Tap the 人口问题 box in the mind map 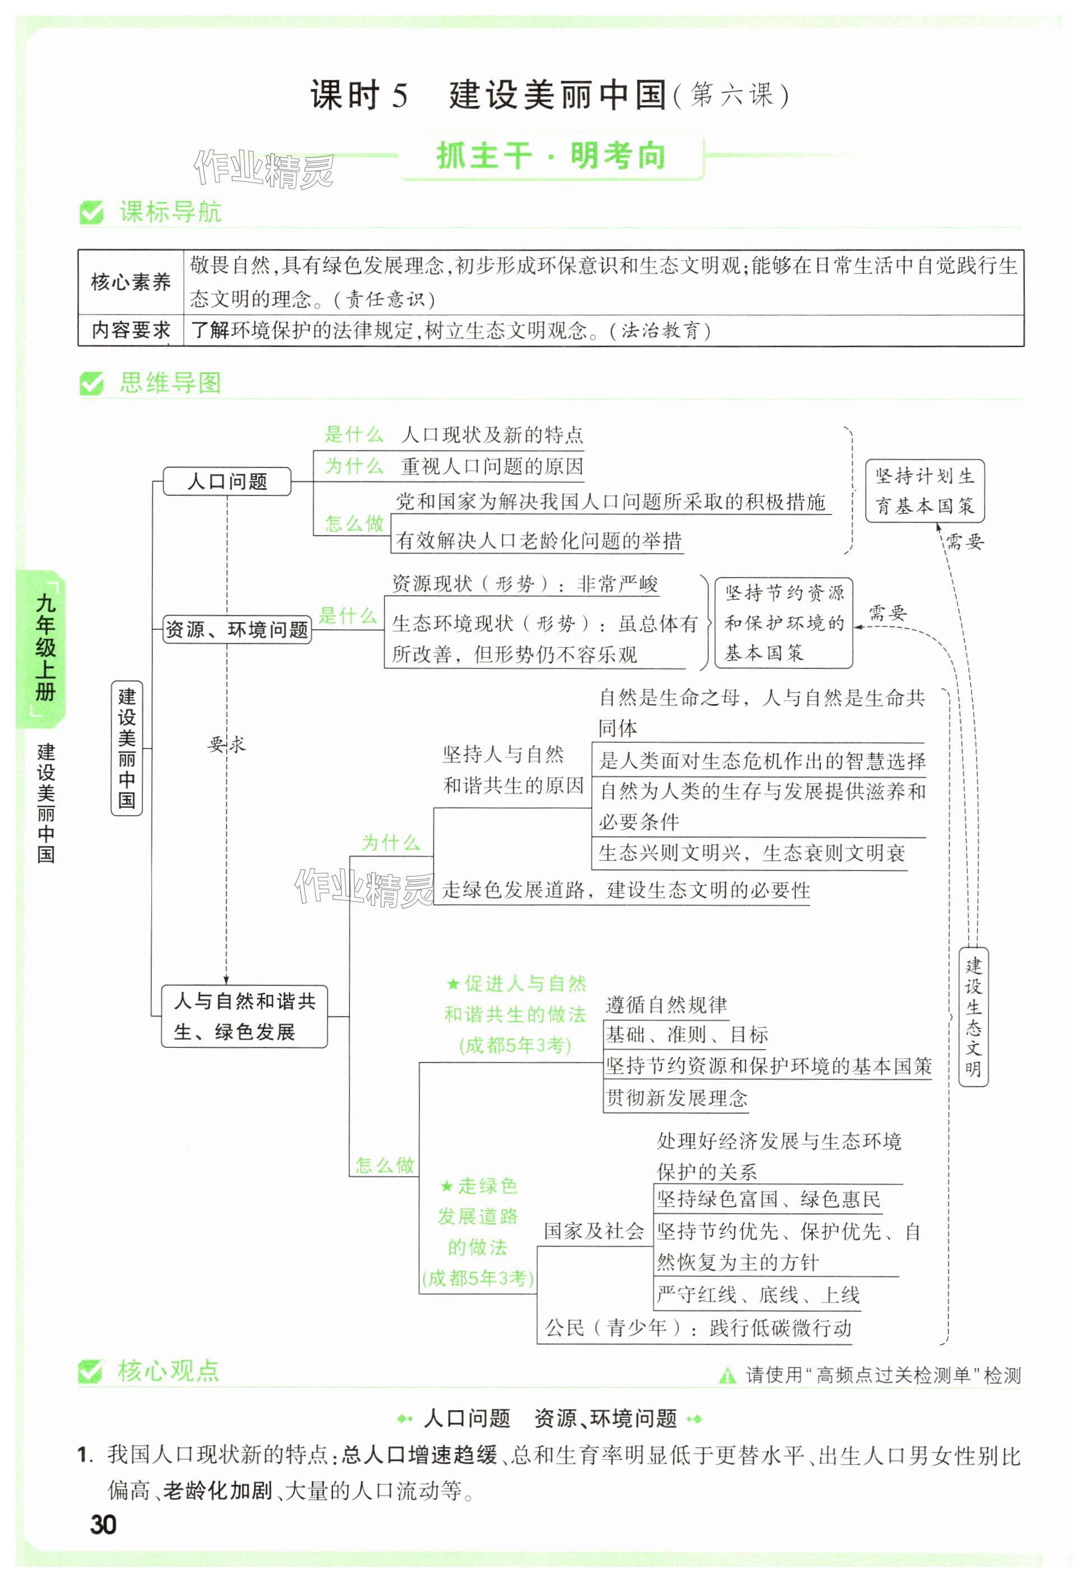pyautogui.click(x=227, y=481)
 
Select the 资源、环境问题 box pyautogui.click(x=236, y=630)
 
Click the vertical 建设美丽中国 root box pyautogui.click(x=127, y=748)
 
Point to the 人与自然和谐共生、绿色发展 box pyautogui.click(x=244, y=1015)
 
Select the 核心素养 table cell pyautogui.click(x=131, y=282)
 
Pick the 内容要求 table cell pyautogui.click(x=131, y=331)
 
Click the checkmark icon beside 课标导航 pyautogui.click(x=91, y=212)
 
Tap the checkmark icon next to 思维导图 pyautogui.click(x=91, y=383)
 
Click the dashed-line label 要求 pyautogui.click(x=226, y=744)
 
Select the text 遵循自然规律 pyautogui.click(x=666, y=1005)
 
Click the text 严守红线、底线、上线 pyautogui.click(x=757, y=1294)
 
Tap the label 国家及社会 pyautogui.click(x=593, y=1231)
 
